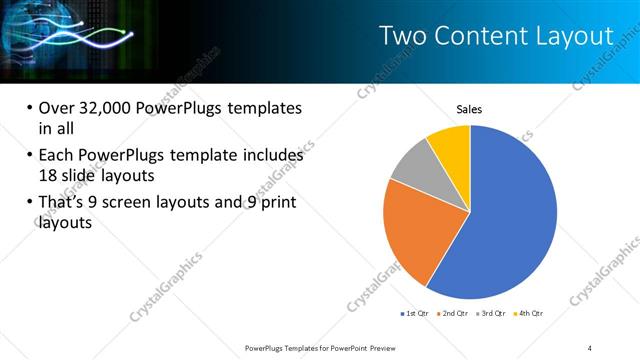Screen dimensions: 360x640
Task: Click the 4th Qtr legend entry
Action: pyautogui.click(x=530, y=314)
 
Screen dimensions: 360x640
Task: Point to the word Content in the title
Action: pyautogui.click(x=483, y=36)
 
